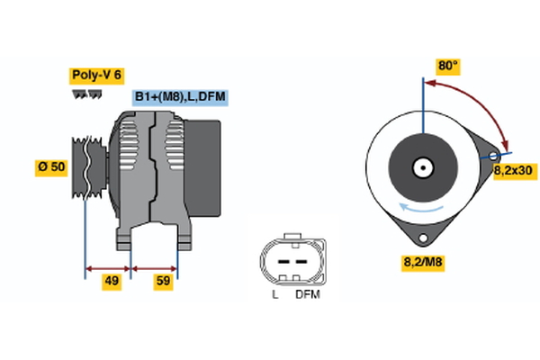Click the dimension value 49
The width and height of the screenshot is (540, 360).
[x=112, y=283]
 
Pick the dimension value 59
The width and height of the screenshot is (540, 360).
[x=162, y=283]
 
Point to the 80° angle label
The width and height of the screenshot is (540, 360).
[x=448, y=66]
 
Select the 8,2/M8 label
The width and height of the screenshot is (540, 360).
[x=420, y=262]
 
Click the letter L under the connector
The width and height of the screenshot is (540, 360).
[x=274, y=294]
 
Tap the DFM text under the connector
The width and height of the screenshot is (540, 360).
[x=308, y=294]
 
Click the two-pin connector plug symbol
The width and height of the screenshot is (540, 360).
[x=290, y=260]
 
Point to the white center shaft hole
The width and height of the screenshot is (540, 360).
[x=421, y=167]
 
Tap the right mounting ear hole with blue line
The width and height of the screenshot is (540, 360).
[x=492, y=156]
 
